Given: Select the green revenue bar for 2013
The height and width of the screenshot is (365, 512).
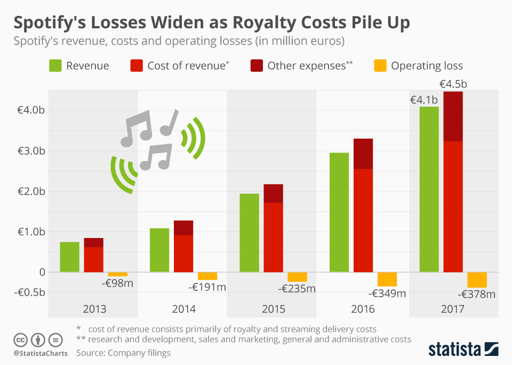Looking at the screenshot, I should (x=69, y=257).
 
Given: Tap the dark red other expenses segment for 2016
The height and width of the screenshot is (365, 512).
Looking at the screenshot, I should (x=363, y=154).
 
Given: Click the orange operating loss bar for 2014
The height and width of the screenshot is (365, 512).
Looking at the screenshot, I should (x=207, y=276).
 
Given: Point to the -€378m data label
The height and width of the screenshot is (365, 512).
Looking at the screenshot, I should (x=477, y=294).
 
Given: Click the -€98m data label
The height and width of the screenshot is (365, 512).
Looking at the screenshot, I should (x=117, y=282).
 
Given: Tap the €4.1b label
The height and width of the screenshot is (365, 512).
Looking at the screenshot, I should (x=423, y=99).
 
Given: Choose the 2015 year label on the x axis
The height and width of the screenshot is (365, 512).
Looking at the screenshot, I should (x=273, y=309).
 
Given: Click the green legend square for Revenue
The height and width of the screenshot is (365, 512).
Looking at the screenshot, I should (x=55, y=66).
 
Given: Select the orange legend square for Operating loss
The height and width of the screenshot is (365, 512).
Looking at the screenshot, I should (x=380, y=66).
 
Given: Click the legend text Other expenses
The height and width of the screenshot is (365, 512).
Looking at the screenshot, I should (x=306, y=66).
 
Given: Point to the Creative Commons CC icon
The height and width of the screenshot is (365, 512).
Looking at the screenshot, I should (x=21, y=339).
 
